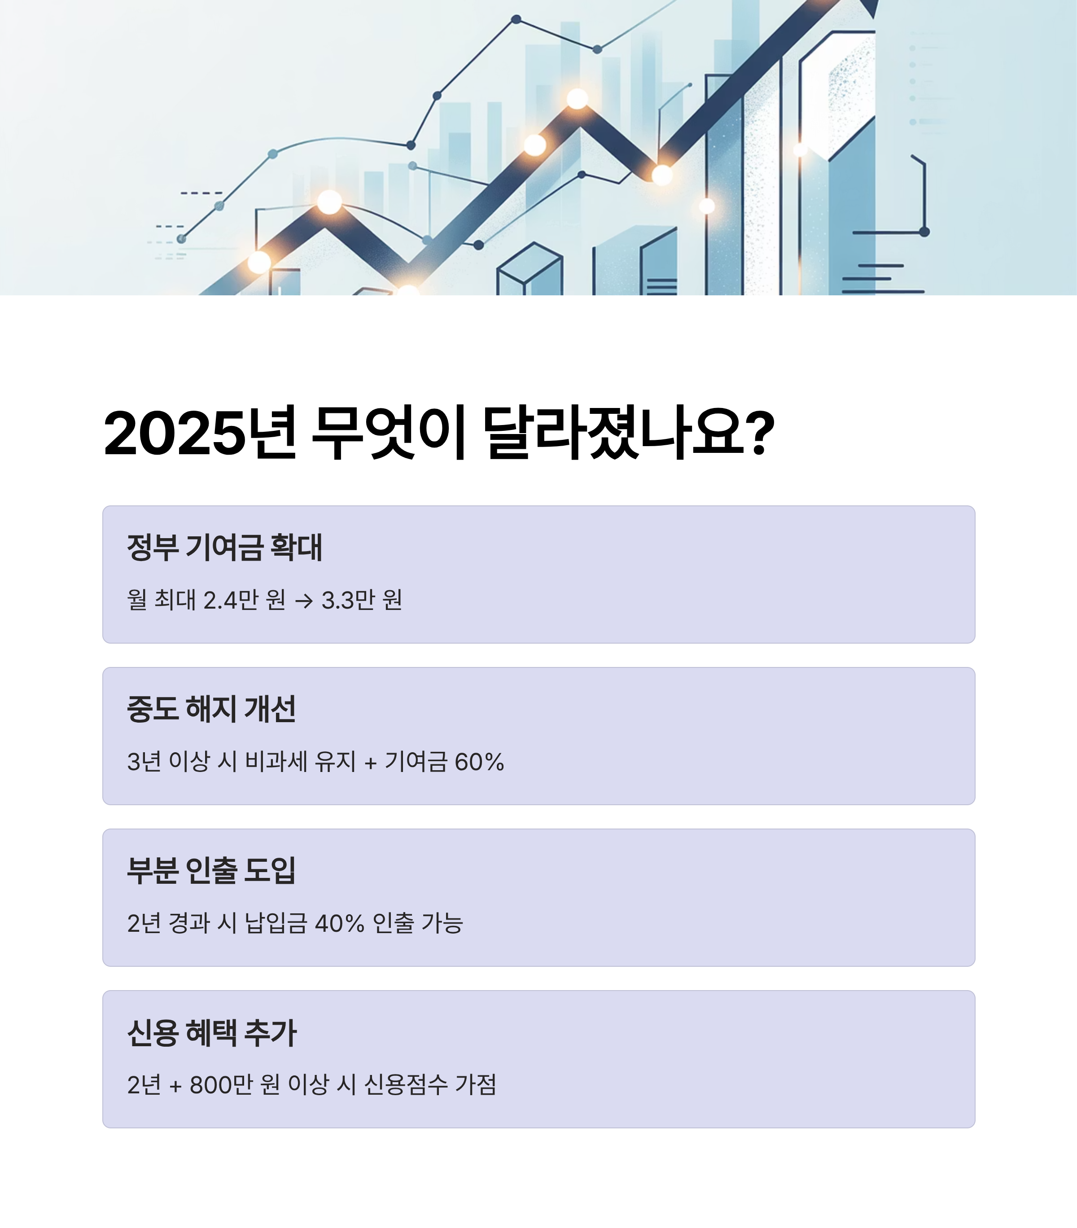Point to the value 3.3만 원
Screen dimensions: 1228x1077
tap(362, 600)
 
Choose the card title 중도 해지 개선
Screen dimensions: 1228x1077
tap(211, 709)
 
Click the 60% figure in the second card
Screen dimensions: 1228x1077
tap(479, 762)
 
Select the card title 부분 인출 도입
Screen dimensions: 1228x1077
tap(211, 871)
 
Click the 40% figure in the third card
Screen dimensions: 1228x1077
tap(339, 923)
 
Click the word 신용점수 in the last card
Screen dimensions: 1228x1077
tap(406, 1085)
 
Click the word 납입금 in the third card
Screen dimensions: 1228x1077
tap(276, 923)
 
